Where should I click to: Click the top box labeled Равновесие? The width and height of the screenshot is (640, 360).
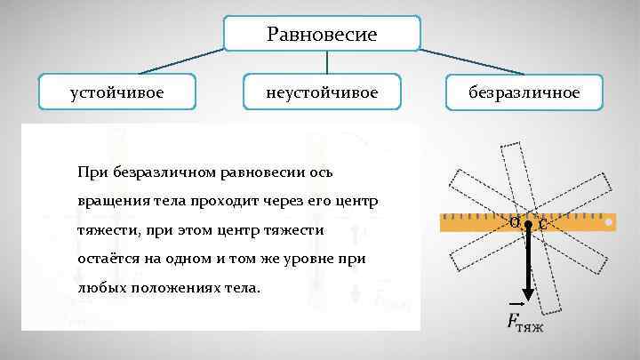(321, 35)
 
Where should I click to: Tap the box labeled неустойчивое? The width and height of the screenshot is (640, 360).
(322, 92)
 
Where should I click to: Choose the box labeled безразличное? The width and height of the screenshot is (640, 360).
(524, 92)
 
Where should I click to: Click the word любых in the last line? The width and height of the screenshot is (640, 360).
(100, 289)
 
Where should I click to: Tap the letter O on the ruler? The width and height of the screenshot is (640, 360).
(515, 221)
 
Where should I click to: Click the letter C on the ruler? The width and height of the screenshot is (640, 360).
(541, 225)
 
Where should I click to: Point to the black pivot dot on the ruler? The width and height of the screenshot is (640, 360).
(528, 226)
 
